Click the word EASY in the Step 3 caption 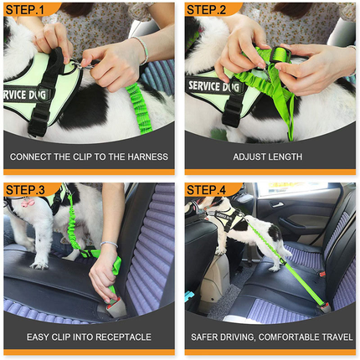pos(39,337)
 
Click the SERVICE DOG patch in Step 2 pos(216,86)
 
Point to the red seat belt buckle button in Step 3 pos(112,289)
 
